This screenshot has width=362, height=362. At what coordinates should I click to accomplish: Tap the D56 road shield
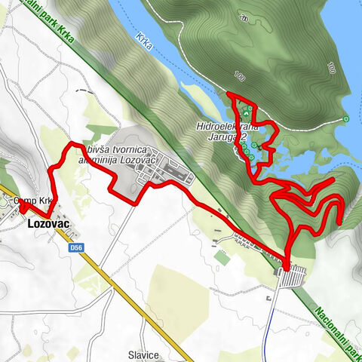[75, 246]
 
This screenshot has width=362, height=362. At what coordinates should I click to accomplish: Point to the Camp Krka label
[35, 201]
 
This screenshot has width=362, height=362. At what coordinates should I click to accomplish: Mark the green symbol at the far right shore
[346, 118]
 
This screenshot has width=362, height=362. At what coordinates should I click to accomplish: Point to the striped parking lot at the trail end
[292, 277]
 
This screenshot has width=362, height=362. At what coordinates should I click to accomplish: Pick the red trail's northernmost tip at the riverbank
[229, 94]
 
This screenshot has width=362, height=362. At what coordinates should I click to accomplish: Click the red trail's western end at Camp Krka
[21, 204]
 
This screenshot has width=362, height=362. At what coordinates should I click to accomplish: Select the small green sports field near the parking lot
[221, 257]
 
